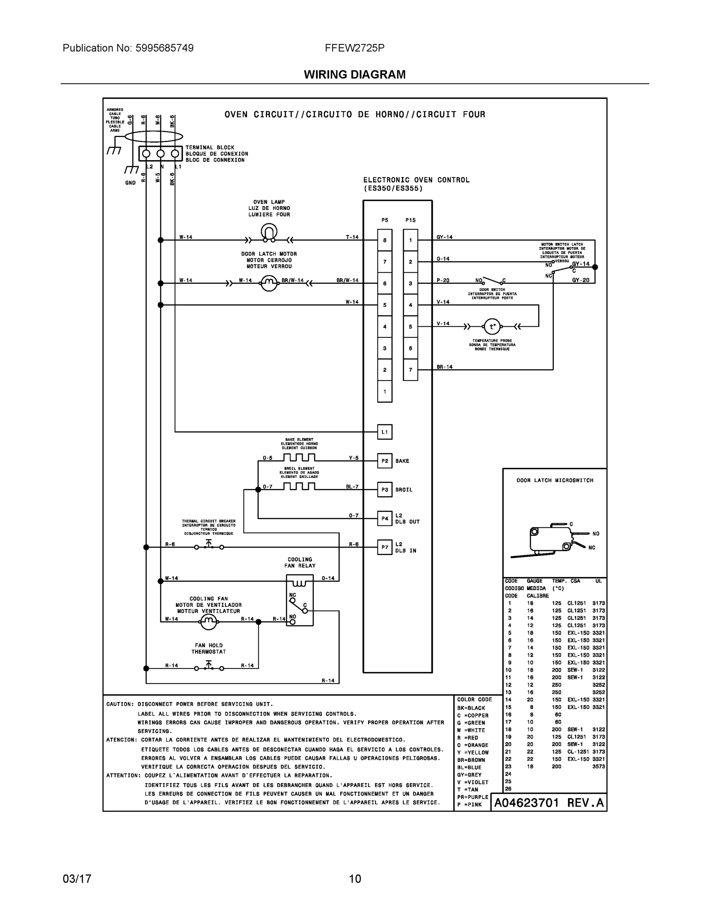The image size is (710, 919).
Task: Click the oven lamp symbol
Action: pos(269,233)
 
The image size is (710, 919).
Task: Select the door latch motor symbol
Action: pos(269,283)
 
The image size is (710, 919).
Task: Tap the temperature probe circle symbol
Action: pos(492,326)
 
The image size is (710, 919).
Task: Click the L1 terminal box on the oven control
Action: pos(384,432)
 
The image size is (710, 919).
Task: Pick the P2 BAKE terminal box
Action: pos(384,461)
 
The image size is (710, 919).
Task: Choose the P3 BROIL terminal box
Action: pos(384,489)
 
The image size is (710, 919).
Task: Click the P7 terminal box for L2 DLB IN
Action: pos(384,547)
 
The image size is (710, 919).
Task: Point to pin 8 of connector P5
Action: pos(384,240)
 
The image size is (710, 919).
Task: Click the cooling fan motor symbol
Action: pos(209,621)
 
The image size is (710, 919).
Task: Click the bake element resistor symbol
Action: pos(299,458)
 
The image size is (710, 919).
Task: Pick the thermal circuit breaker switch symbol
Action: pos(209,546)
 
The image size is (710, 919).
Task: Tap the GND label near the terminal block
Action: pos(131,183)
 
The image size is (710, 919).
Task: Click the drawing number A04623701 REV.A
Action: pos(548,803)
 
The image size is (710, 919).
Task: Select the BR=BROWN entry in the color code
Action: pos(471,760)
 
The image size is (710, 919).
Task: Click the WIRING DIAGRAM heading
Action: pos(354,75)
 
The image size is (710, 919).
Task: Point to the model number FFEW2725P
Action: pos(354,48)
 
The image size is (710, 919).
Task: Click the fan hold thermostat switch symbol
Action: pos(209,667)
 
